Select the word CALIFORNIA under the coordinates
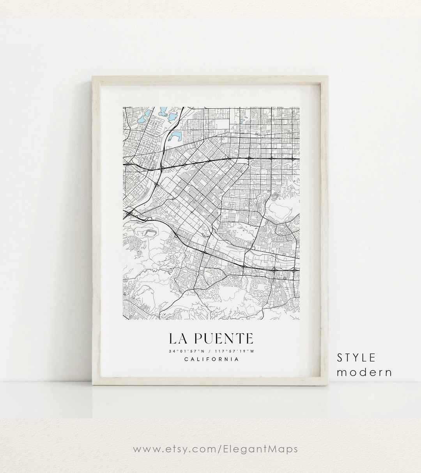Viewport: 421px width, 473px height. tap(211, 359)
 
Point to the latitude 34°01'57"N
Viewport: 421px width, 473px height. tap(186, 351)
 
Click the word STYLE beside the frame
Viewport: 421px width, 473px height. tap(356, 357)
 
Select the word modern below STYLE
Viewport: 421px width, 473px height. tap(364, 372)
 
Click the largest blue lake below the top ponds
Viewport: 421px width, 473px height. tap(176, 136)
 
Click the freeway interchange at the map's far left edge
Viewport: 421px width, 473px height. tap(129, 213)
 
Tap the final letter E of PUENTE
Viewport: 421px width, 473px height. tap(248, 338)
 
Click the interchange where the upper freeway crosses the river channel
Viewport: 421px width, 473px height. tap(161, 168)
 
